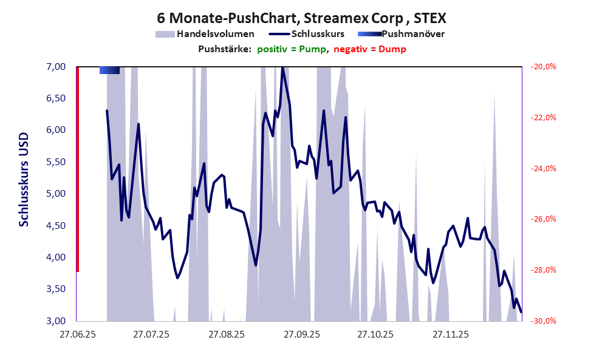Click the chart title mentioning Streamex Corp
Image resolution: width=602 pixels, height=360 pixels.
point(301,17)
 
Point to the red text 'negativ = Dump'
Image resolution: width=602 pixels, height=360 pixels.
point(369,49)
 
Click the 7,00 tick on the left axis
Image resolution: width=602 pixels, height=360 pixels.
point(56,66)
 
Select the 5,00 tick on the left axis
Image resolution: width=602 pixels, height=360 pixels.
point(56,194)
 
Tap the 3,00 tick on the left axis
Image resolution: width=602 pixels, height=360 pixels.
point(56,321)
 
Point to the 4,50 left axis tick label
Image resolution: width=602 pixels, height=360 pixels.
point(56,225)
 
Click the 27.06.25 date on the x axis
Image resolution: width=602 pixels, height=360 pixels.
point(77,335)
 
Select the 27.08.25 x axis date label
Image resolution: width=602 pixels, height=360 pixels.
point(226,335)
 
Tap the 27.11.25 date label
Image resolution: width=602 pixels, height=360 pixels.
point(450,335)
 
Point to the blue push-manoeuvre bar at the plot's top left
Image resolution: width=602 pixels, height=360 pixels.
point(109,70)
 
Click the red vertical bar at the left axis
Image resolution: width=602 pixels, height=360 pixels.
point(78,169)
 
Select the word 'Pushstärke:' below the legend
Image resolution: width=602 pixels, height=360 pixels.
point(224,49)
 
